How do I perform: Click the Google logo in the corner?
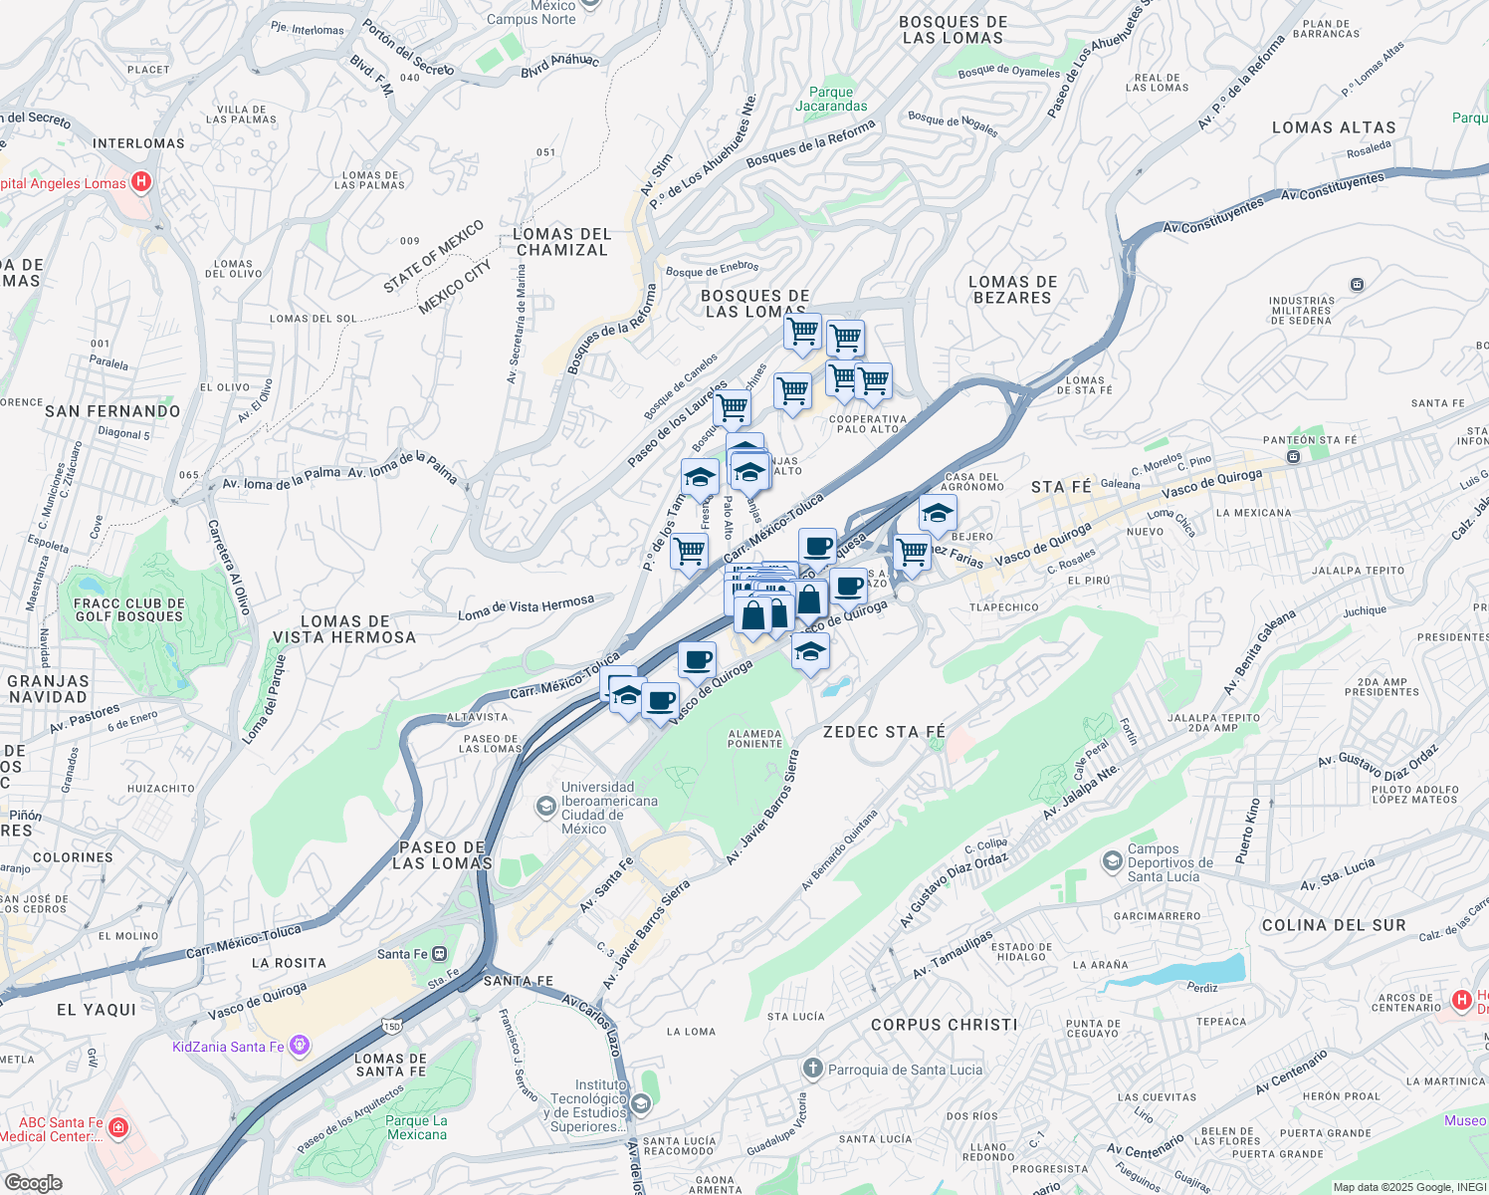pyautogui.click(x=33, y=1182)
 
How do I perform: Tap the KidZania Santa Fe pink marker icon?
pyautogui.click(x=300, y=1046)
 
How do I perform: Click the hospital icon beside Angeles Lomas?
pyautogui.click(x=141, y=182)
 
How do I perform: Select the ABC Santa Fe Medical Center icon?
pyautogui.click(x=118, y=1127)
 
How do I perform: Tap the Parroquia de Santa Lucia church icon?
pyautogui.click(x=812, y=1069)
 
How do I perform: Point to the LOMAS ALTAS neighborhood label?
pyautogui.click(x=1334, y=127)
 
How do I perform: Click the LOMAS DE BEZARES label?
pyautogui.click(x=1012, y=290)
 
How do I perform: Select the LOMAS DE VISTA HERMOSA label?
pyautogui.click(x=344, y=629)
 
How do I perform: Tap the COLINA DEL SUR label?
pyautogui.click(x=1334, y=925)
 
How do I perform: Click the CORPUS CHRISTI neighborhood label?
pyautogui.click(x=944, y=1025)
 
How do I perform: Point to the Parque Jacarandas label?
pyautogui.click(x=831, y=99)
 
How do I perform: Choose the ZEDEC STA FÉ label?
pyautogui.click(x=884, y=732)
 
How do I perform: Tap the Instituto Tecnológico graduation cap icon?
pyautogui.click(x=641, y=1102)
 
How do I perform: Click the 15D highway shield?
pyautogui.click(x=391, y=1026)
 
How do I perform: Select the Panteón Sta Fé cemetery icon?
pyautogui.click(x=1293, y=456)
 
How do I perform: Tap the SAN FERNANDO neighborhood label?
pyautogui.click(x=112, y=411)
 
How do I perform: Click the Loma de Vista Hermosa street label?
pyautogui.click(x=526, y=607)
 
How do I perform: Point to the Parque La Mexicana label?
pyautogui.click(x=416, y=1127)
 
